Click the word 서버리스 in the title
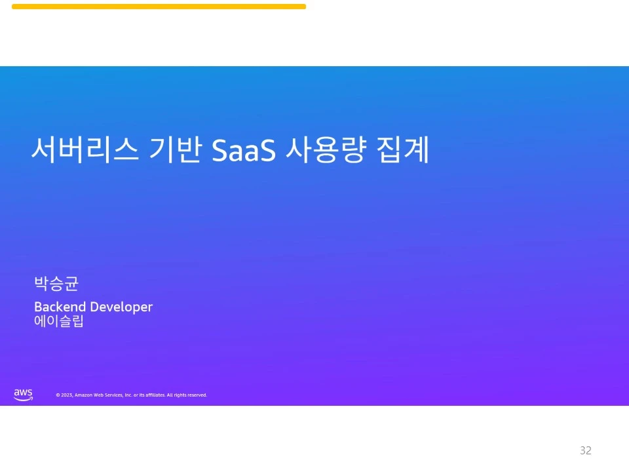pyautogui.click(x=85, y=151)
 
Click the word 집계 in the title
pyautogui.click(x=404, y=151)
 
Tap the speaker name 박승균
pyautogui.click(x=56, y=285)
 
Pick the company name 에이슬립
pyautogui.click(x=59, y=322)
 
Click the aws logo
pyautogui.click(x=23, y=394)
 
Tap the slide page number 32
pyautogui.click(x=586, y=450)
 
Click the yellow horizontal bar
pyautogui.click(x=159, y=7)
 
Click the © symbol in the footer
pyautogui.click(x=58, y=395)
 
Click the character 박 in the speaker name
pyautogui.click(x=41, y=285)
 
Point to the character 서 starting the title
pyautogui.click(x=43, y=151)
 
